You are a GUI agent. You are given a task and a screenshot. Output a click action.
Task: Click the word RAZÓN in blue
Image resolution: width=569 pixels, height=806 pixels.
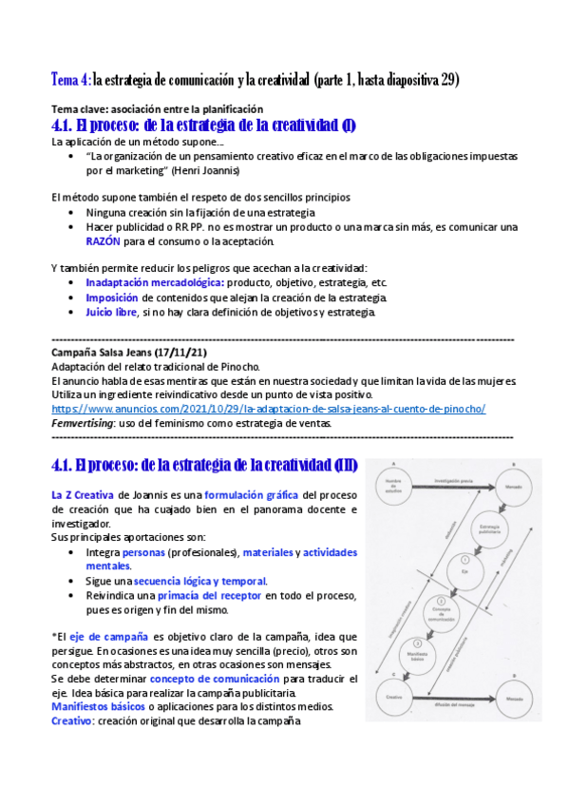point(105,241)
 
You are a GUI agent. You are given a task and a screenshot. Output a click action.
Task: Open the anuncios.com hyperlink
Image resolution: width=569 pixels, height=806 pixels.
point(268,408)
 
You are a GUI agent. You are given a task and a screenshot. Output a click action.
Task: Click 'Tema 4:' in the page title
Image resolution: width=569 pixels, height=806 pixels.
point(70,80)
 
